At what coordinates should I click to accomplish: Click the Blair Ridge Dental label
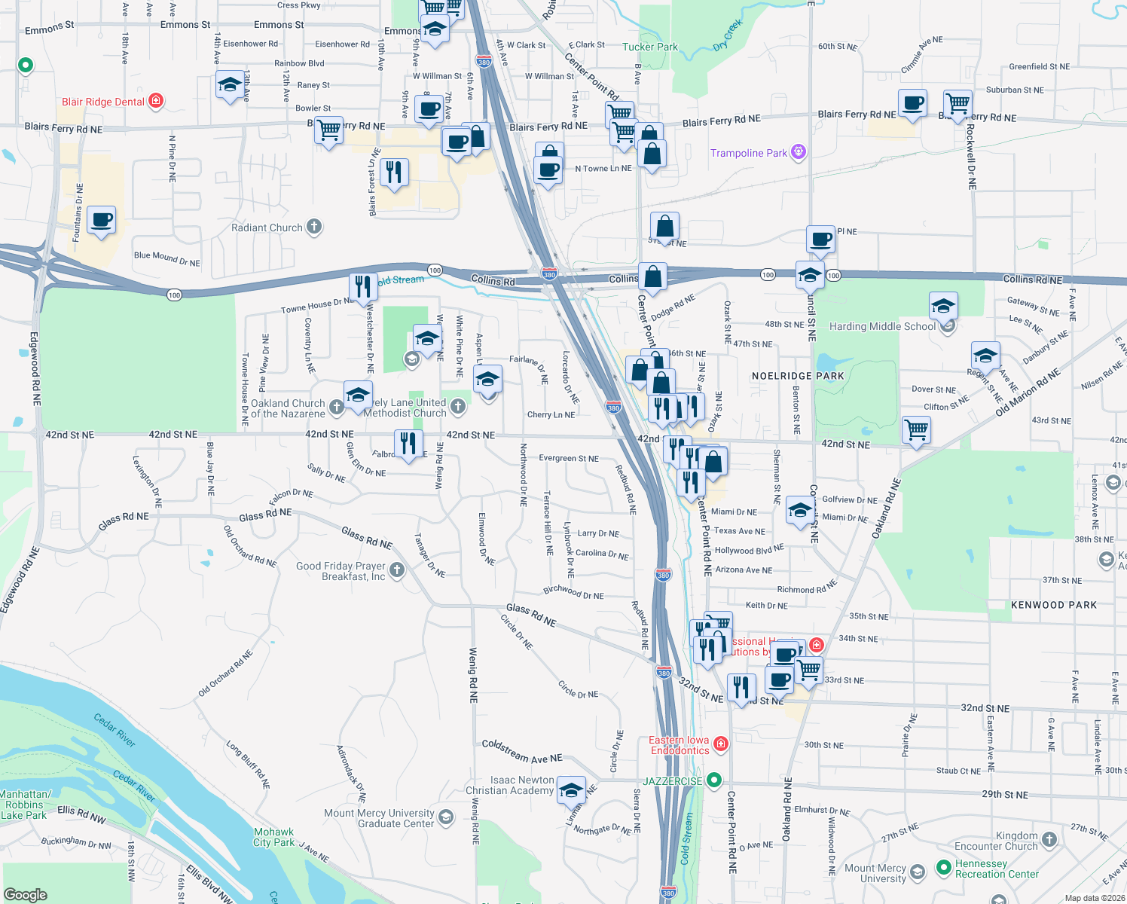coord(103,102)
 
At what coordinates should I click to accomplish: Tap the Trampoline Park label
coord(748,153)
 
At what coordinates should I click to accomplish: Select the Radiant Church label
coord(267,228)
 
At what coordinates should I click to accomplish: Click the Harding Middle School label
coord(882,326)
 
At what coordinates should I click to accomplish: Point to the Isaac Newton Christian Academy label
coord(509,785)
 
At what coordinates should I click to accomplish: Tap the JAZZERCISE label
coord(672,781)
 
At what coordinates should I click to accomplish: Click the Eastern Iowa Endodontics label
coord(680,745)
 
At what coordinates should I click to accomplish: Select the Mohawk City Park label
coord(273,837)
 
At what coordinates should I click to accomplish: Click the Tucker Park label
coord(649,47)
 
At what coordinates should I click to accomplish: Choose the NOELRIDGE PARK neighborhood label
coord(798,375)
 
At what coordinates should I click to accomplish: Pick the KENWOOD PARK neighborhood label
coord(1053,605)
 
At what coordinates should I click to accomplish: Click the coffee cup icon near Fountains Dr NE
coord(101,220)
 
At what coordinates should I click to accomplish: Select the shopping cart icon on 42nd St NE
coord(916,430)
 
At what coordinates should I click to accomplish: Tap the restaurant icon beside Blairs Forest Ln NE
coord(393,172)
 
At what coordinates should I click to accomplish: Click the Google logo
coord(25,894)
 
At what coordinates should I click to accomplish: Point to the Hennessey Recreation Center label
coord(996,869)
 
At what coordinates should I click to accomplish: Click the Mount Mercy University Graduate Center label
coord(379,818)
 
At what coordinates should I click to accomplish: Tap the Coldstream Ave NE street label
coord(521,751)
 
